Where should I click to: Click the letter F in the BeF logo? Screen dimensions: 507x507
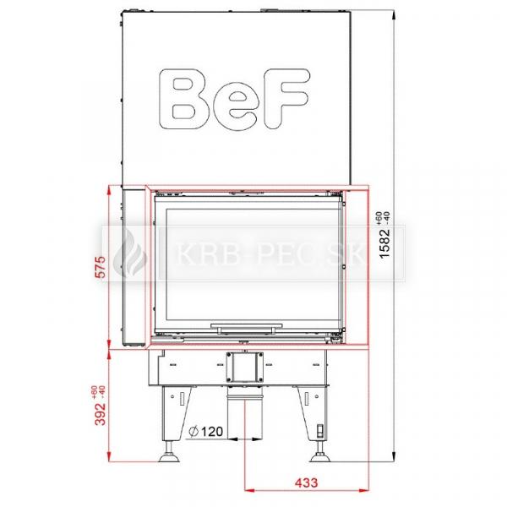(286, 99)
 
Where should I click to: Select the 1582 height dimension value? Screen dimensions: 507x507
(385, 243)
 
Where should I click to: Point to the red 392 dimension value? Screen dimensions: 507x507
(101, 413)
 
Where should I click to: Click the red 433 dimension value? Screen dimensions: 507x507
(306, 482)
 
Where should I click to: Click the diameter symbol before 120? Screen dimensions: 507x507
(194, 431)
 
